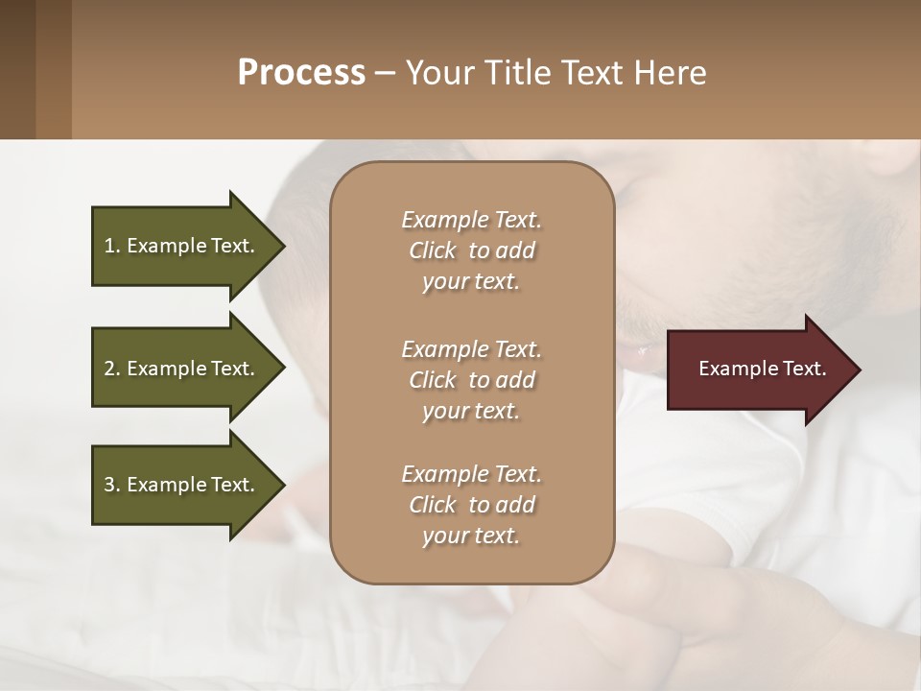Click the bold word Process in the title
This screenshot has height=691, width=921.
pyautogui.click(x=301, y=73)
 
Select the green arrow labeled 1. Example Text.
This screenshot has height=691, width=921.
pyautogui.click(x=182, y=247)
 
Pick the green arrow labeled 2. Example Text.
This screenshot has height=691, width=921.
pyautogui.click(x=182, y=369)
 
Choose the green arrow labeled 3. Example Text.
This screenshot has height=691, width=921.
pyautogui.click(x=182, y=486)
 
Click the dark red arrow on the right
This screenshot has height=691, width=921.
pyautogui.click(x=758, y=369)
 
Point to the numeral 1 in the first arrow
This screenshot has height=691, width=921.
pyautogui.click(x=109, y=246)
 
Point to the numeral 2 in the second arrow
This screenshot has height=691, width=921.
pyautogui.click(x=109, y=369)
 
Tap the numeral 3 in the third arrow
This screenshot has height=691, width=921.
pyautogui.click(x=109, y=486)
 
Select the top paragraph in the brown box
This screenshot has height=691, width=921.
pyautogui.click(x=471, y=250)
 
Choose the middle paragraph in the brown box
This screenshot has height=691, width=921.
pyautogui.click(x=471, y=380)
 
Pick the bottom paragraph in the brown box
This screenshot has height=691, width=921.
pyautogui.click(x=471, y=505)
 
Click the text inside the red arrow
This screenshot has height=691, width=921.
pyautogui.click(x=762, y=369)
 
